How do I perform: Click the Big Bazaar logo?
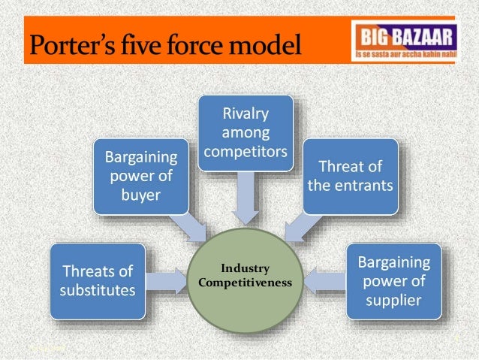point(402,43)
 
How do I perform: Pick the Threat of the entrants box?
point(350,176)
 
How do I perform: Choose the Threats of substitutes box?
point(98,280)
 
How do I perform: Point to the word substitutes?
point(98,289)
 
